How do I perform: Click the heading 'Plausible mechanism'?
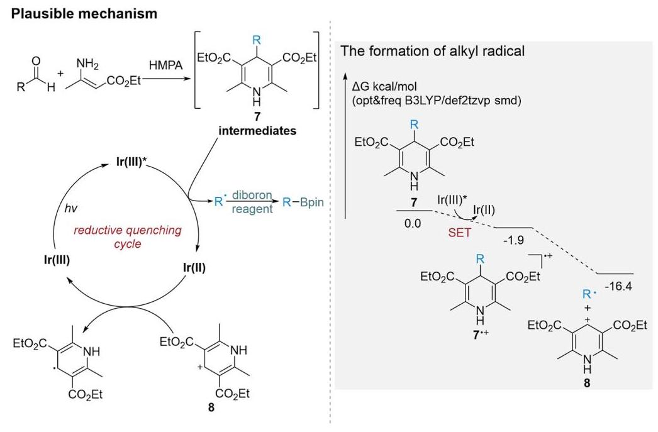[84, 14]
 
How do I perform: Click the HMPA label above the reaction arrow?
[166, 65]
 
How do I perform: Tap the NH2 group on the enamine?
[87, 64]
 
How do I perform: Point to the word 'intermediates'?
[257, 131]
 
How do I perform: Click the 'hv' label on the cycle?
[71, 208]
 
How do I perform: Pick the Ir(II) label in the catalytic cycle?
[194, 267]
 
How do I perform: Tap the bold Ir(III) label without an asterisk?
[57, 260]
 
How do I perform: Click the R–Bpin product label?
[303, 202]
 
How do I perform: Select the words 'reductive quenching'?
[128, 230]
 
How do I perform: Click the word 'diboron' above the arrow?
[252, 196]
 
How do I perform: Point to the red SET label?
[459, 233]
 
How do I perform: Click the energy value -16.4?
[618, 287]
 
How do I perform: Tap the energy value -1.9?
[513, 240]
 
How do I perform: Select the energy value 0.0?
[413, 223]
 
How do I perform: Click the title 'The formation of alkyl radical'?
[433, 51]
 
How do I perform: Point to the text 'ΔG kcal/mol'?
[384, 87]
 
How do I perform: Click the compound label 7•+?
[481, 335]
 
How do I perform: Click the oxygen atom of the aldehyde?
[36, 62]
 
